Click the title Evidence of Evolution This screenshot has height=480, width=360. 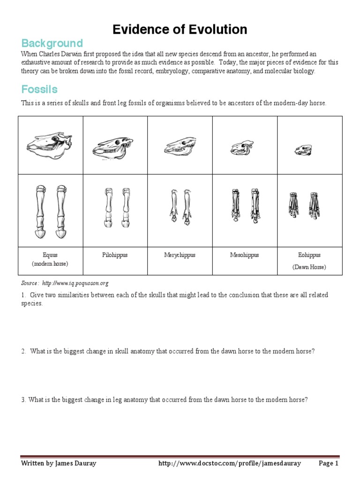[x=180, y=30]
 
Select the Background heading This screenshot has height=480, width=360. [x=52, y=44]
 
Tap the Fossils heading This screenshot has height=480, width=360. [x=39, y=89]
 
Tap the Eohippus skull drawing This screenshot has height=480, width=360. [x=304, y=150]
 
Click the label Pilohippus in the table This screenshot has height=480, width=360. [x=115, y=255]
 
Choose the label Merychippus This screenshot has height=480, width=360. [x=180, y=255]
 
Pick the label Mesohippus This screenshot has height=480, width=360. [x=244, y=255]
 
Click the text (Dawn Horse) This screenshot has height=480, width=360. [x=309, y=267]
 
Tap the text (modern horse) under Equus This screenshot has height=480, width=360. [x=50, y=264]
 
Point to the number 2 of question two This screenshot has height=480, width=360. [x=23, y=352]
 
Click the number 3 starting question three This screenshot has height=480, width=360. [x=23, y=400]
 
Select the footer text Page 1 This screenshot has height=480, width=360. [x=328, y=464]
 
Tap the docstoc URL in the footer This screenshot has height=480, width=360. [x=230, y=464]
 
